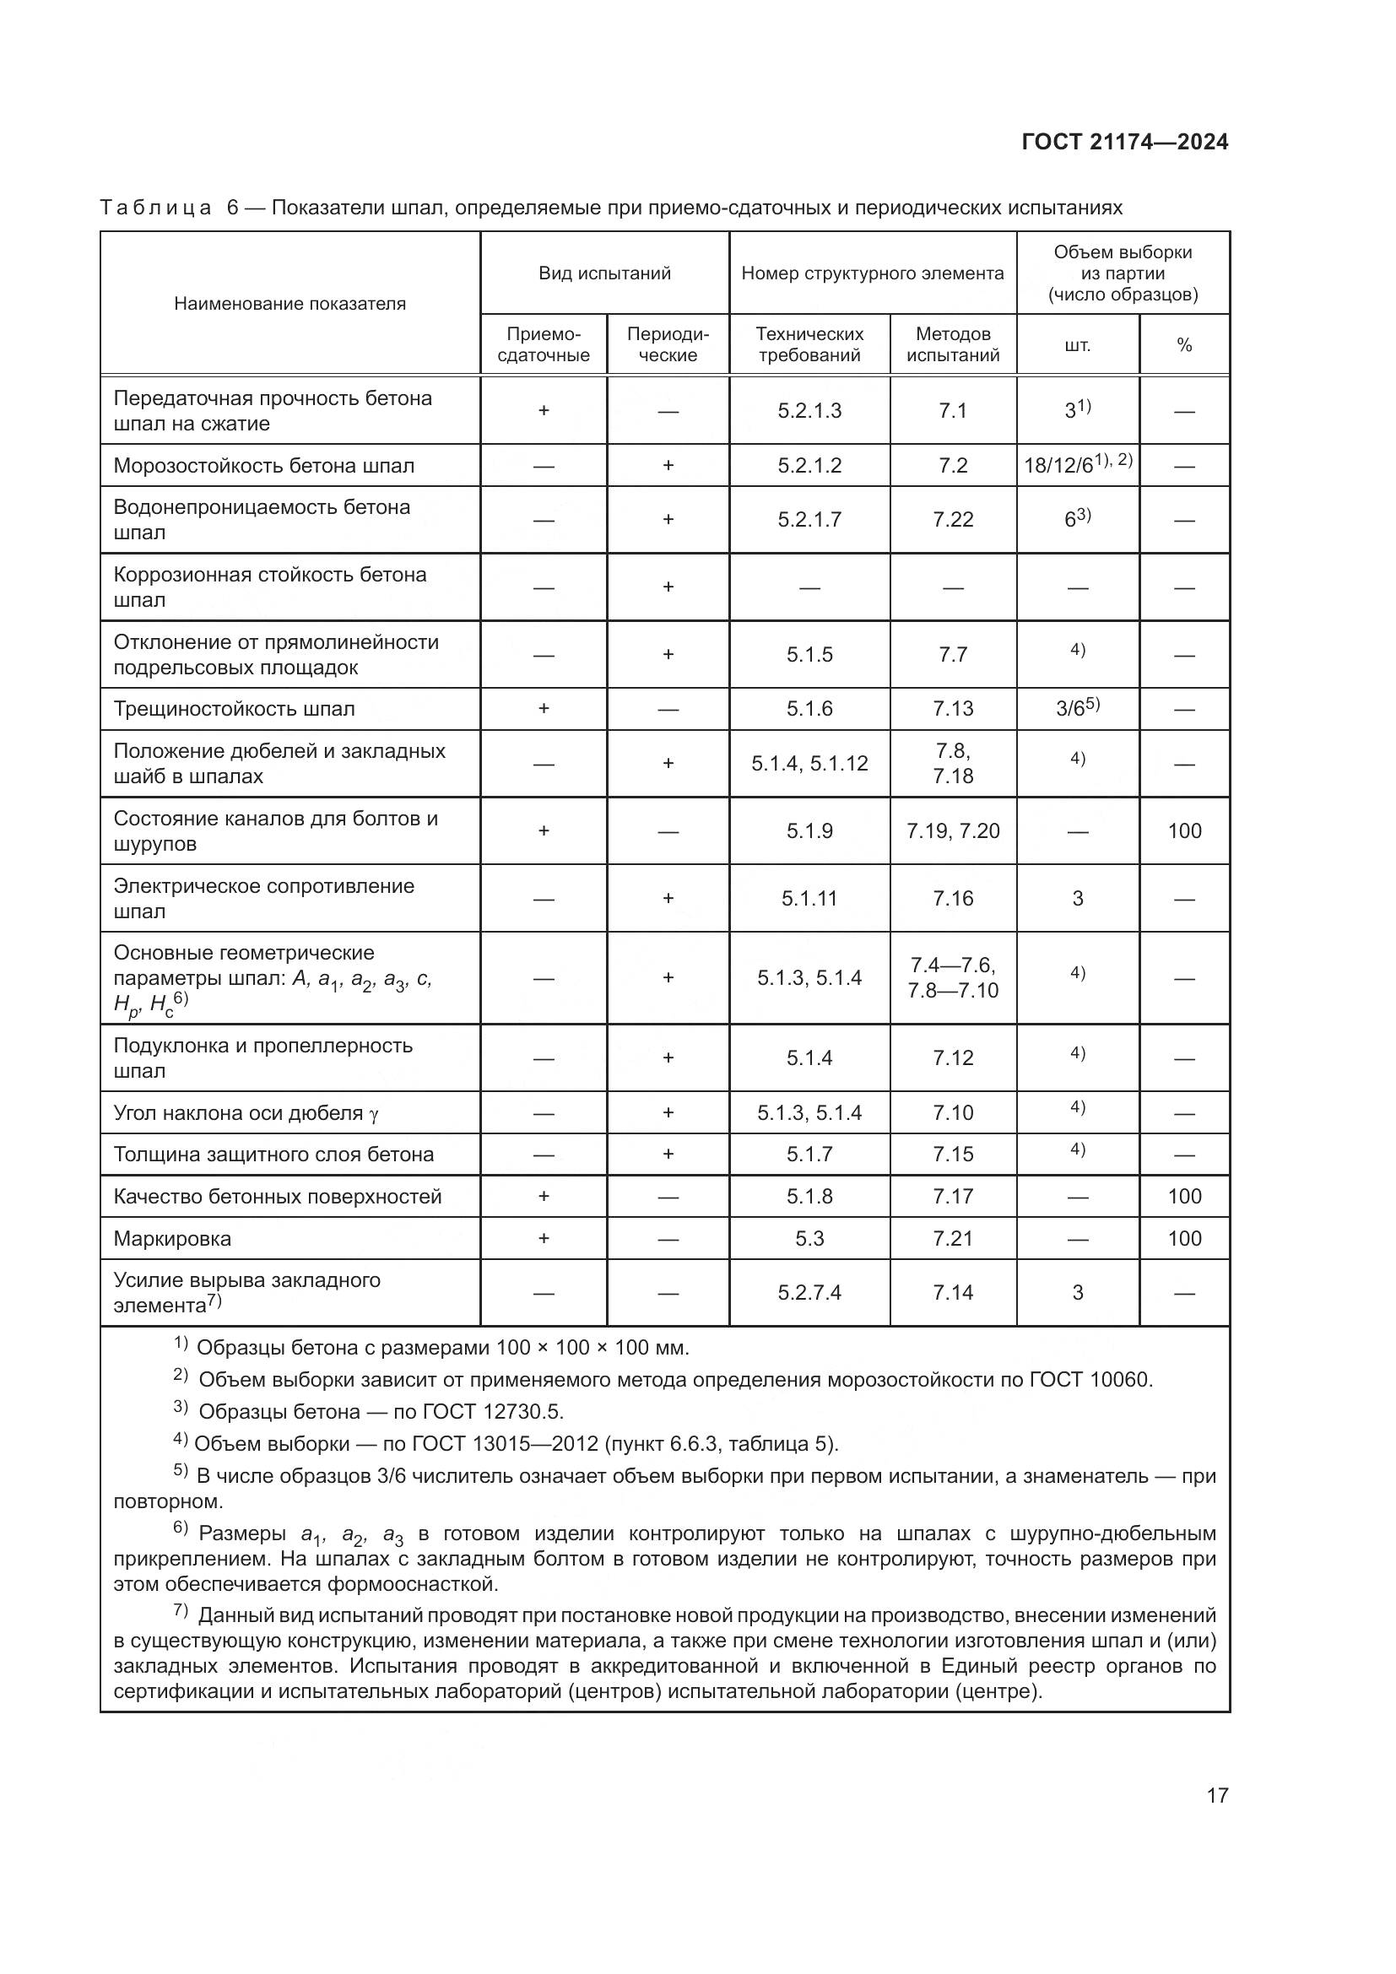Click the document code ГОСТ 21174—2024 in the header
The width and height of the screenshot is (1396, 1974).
click(x=1124, y=142)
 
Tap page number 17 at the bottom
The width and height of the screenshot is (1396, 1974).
click(x=1217, y=1795)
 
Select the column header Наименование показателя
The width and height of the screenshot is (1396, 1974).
click(x=289, y=304)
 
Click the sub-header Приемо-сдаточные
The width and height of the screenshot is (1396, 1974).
click(x=544, y=345)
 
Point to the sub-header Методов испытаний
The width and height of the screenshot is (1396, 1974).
click(x=952, y=345)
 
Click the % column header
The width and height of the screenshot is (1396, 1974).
click(x=1183, y=346)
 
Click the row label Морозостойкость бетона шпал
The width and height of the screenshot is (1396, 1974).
click(x=264, y=466)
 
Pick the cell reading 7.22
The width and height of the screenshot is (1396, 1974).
click(x=952, y=519)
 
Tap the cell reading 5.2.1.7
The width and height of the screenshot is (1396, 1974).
click(x=809, y=519)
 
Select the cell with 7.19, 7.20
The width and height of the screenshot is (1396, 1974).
click(x=952, y=831)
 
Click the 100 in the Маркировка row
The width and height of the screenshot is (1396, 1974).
click(x=1183, y=1239)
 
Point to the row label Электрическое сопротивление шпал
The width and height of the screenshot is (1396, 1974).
click(x=264, y=899)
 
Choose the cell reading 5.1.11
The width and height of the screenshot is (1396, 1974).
click(x=809, y=899)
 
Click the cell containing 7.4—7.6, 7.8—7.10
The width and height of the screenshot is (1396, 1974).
click(x=952, y=977)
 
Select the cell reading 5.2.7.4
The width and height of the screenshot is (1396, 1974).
click(x=809, y=1293)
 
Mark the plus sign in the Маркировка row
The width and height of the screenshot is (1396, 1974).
click(x=544, y=1239)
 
